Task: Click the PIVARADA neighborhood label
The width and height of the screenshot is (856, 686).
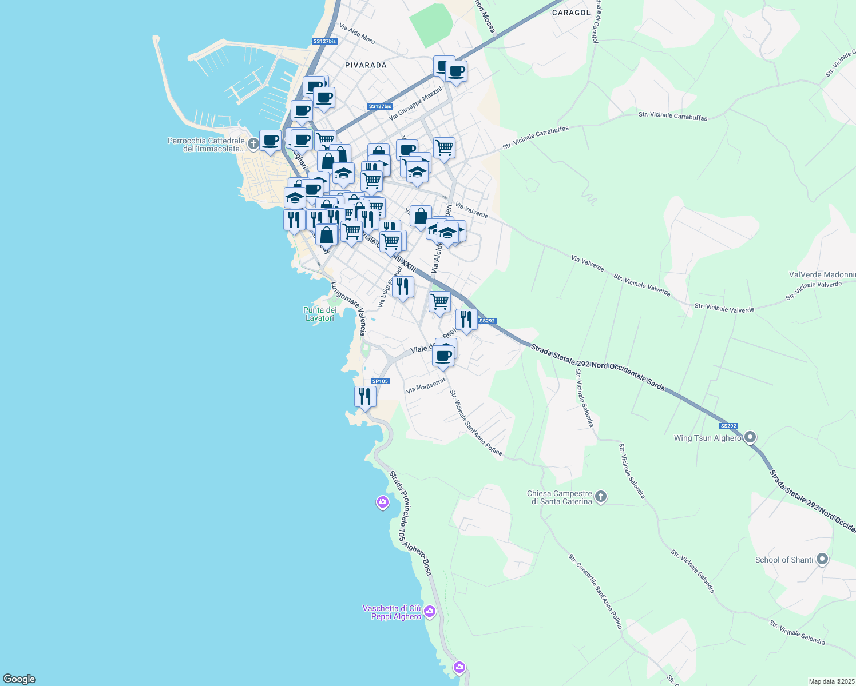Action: coord(366,65)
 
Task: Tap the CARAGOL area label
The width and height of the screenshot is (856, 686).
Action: coord(571,12)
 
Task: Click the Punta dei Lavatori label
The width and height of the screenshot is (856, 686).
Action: coord(320,314)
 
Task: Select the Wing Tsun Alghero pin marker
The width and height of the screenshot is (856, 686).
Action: coord(750,438)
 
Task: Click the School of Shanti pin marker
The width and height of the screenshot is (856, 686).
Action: coord(822,559)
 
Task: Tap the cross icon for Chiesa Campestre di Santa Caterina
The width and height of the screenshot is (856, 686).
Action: coord(600,497)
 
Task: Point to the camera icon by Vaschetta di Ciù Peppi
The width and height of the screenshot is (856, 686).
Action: coord(430,612)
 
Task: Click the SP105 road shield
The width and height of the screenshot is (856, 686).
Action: coord(380,381)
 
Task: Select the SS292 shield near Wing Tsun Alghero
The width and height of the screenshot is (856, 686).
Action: coord(728,426)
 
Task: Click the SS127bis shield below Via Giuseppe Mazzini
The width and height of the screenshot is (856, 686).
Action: coord(380,107)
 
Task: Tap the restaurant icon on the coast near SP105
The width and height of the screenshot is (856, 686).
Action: coord(365,396)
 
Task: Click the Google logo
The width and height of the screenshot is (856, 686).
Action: coord(19,679)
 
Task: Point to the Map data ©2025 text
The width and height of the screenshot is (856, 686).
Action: coord(831,681)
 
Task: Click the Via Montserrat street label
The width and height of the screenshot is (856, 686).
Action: coord(425,386)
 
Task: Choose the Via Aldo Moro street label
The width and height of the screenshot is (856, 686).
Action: coord(357,34)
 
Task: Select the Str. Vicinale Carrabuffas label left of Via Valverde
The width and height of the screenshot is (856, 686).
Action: coord(536,137)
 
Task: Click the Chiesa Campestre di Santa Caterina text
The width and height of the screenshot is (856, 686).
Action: coord(560,497)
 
